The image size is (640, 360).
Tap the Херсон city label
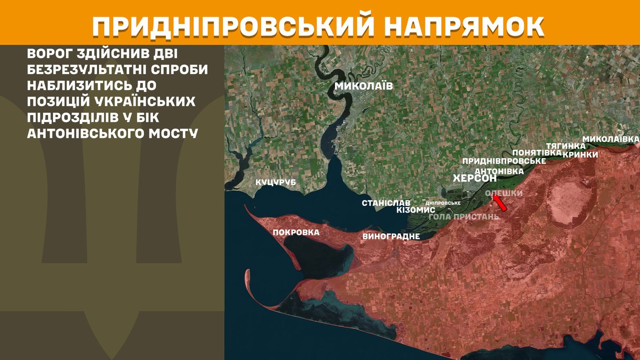click(x=475, y=179)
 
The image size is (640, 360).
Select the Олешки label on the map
click(x=504, y=193)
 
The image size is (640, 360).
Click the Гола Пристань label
click(x=464, y=217)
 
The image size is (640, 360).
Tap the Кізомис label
click(x=416, y=210)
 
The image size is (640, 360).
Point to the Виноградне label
click(x=391, y=237)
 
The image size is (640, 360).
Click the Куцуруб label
click(x=275, y=182)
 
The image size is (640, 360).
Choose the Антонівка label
click(x=499, y=171)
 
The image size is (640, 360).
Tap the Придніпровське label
click(x=504, y=161)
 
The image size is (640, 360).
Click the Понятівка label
click(x=536, y=153)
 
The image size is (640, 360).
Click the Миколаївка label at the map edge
click(x=610, y=139)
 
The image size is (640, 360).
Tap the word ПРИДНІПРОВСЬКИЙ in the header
click(x=233, y=27)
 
